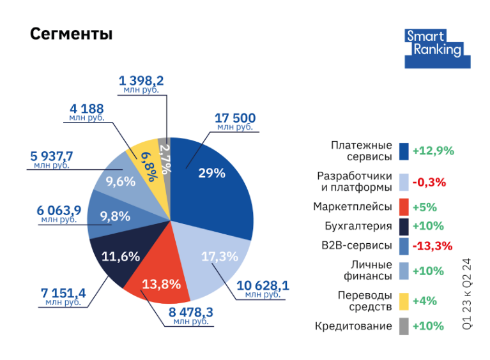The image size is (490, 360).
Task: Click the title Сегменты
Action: click(71, 34)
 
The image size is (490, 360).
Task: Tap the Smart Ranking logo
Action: click(438, 48)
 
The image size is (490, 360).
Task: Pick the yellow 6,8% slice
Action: click(146, 163)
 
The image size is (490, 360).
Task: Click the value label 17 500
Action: click(235, 118)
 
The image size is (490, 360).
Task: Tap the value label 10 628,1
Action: click(263, 285)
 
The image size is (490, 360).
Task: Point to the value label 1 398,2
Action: click(141, 80)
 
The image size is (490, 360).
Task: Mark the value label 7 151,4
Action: click(63, 293)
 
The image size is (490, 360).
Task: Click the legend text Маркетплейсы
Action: click(352, 207)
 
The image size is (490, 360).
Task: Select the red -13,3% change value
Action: click(432, 246)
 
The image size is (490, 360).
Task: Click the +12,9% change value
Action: click(433, 151)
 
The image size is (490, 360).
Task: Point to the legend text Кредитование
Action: click(353, 326)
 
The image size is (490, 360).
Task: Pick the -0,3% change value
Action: click(429, 182)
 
